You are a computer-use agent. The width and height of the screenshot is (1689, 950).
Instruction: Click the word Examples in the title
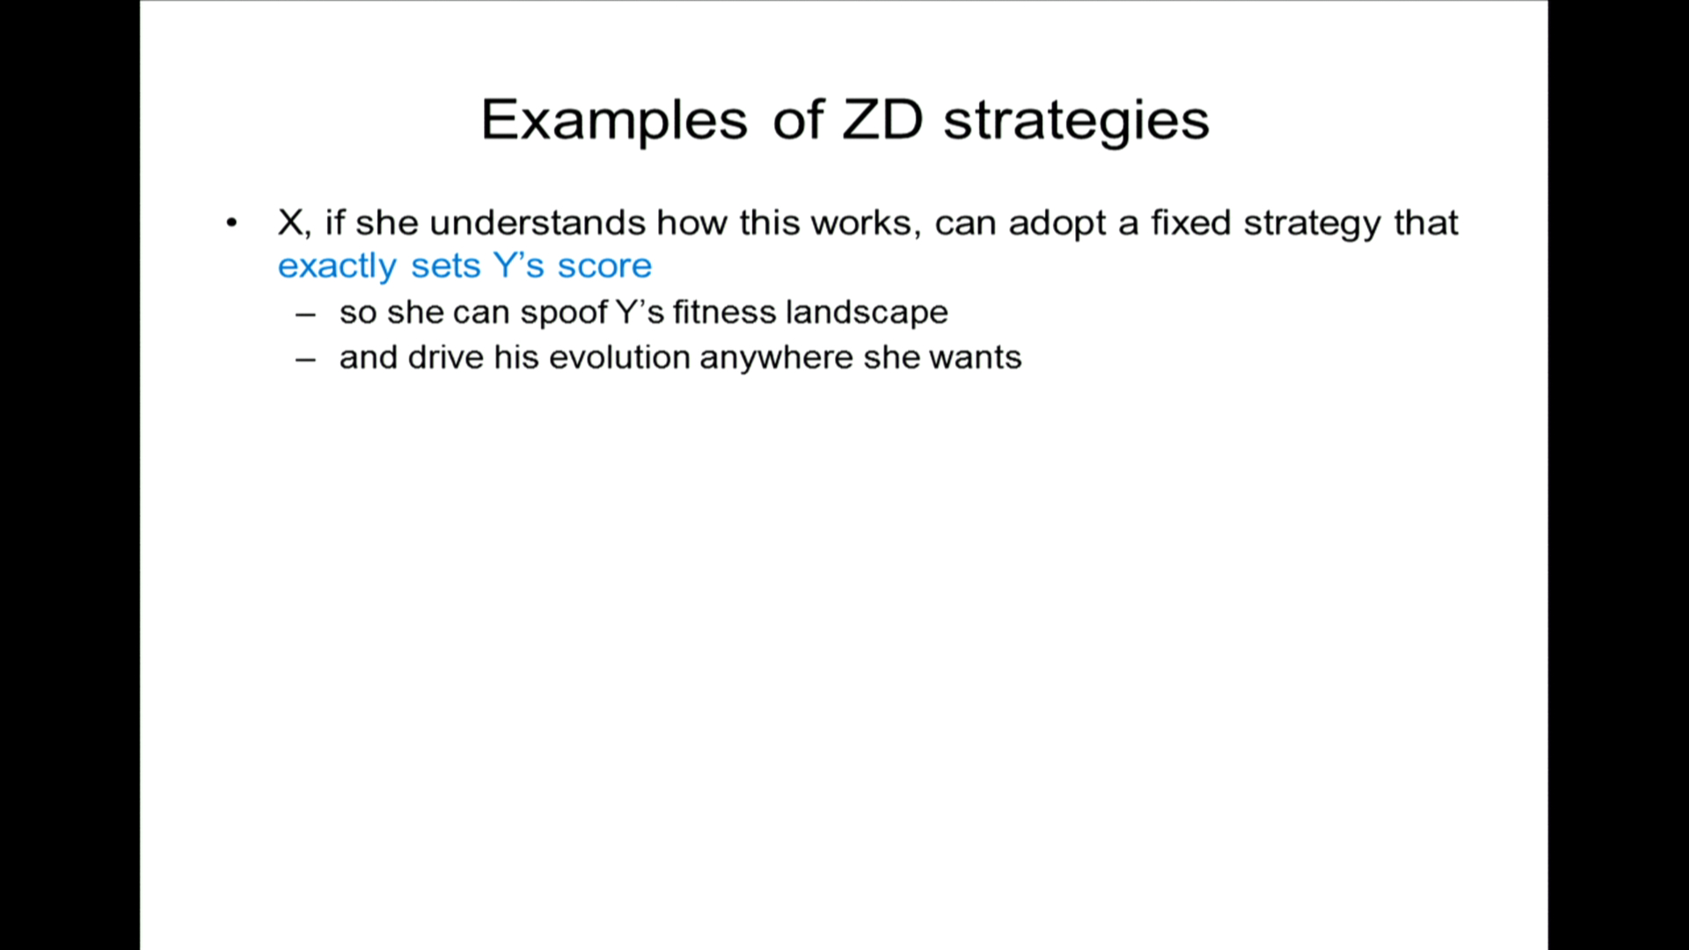[x=614, y=121]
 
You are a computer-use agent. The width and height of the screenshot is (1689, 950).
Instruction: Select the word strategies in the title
[x=1077, y=121]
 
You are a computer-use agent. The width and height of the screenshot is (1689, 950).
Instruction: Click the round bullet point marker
[x=231, y=223]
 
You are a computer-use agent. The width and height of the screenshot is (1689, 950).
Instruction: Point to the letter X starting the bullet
[x=291, y=223]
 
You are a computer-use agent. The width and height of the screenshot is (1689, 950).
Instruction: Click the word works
[x=861, y=223]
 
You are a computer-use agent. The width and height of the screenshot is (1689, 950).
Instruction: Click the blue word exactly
[x=338, y=267]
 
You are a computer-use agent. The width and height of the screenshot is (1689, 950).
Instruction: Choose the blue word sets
[x=446, y=267]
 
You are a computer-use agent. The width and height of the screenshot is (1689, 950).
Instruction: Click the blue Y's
[x=519, y=266]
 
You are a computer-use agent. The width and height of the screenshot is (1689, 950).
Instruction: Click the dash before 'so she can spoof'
[x=305, y=314]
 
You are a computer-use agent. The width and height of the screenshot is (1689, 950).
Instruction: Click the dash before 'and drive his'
[x=305, y=360]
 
